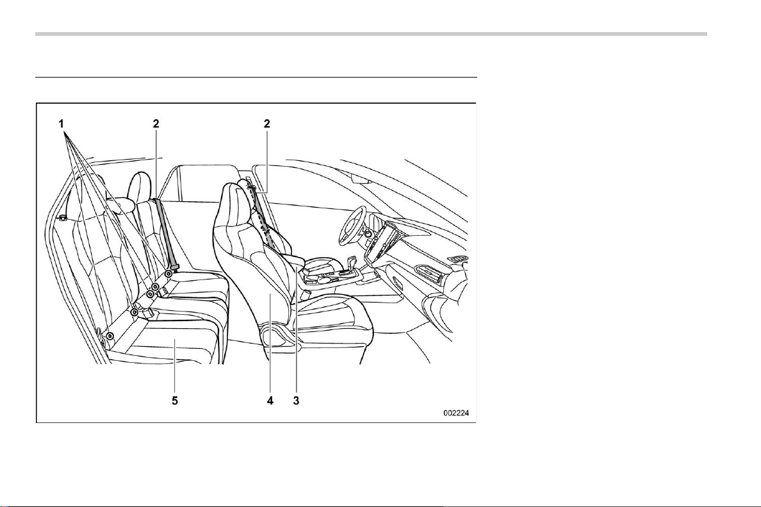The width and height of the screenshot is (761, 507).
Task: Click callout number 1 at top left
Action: click(x=61, y=124)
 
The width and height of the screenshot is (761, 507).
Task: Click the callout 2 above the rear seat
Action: click(x=156, y=124)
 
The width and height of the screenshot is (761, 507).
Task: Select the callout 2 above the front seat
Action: click(x=266, y=124)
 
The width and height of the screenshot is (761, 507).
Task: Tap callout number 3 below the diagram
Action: click(x=296, y=401)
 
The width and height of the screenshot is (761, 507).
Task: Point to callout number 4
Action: click(x=270, y=401)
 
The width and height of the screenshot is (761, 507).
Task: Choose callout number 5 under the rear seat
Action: click(x=175, y=401)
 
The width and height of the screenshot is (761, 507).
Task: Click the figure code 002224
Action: click(x=456, y=413)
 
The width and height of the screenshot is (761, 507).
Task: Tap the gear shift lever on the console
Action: click(x=352, y=265)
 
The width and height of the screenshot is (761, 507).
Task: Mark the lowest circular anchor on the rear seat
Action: click(x=110, y=336)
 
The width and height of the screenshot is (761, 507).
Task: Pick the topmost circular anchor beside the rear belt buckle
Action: click(x=168, y=274)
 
